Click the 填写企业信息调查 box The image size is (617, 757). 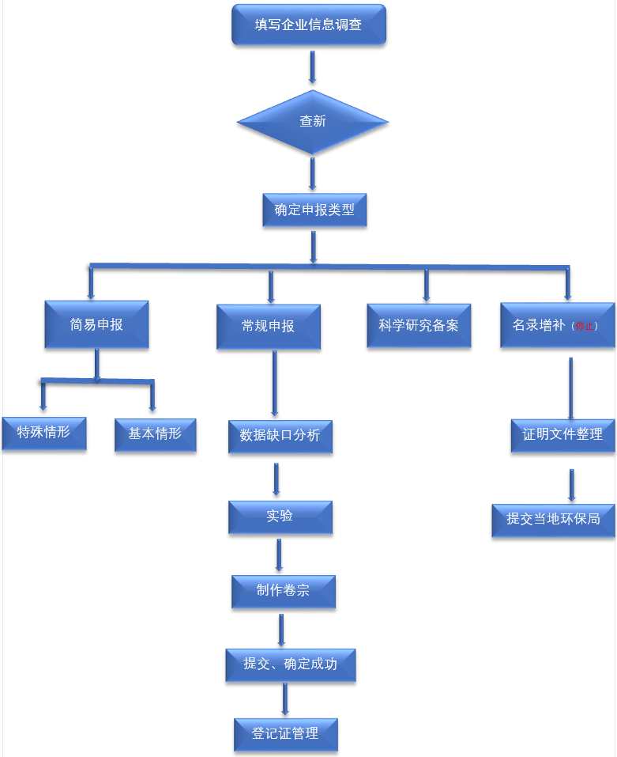[308, 25]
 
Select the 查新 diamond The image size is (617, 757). [313, 122]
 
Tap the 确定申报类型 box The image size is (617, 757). [314, 210]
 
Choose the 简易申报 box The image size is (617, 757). [96, 324]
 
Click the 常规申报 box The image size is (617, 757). [269, 326]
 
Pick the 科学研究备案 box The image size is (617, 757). [419, 325]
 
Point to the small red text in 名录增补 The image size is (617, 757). [585, 326]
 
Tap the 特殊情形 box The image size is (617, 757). [43, 433]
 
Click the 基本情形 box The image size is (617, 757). [155, 433]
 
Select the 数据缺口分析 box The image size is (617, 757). [280, 435]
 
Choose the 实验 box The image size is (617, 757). [280, 516]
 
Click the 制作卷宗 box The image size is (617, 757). [283, 591]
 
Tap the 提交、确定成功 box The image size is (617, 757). [290, 664]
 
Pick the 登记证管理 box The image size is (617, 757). [285, 734]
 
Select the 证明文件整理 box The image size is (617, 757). [562, 434]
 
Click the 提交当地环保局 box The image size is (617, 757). [553, 519]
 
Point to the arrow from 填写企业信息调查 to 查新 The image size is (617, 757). [313, 67]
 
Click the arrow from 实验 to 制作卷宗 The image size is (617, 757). [280, 555]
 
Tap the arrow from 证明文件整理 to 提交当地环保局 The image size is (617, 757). [571, 484]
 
